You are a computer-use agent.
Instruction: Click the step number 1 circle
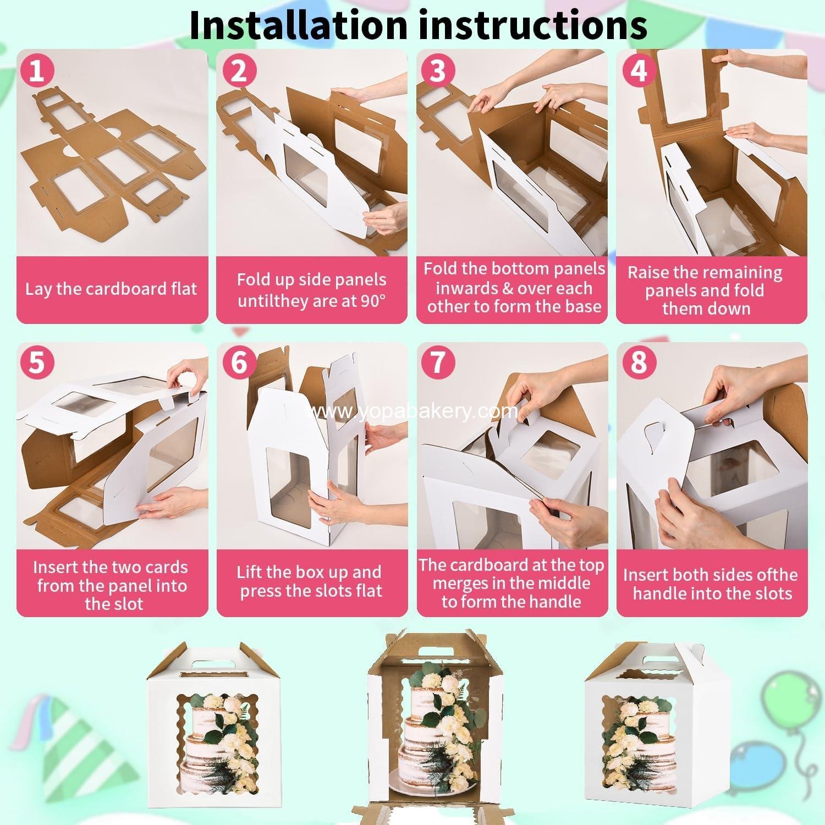(37, 71)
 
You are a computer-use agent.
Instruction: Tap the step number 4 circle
(638, 71)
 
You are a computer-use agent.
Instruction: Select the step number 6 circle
(238, 363)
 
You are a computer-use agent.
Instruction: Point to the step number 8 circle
(638, 363)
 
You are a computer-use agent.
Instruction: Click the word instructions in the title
(531, 24)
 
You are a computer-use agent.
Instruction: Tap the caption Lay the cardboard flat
(111, 289)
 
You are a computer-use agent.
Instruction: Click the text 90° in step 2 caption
(373, 301)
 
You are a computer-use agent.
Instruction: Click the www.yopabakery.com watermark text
(413, 411)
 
